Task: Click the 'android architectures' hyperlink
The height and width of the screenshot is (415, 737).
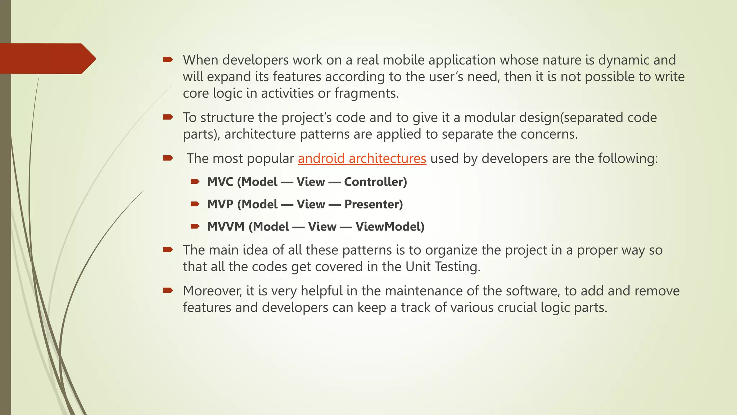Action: [x=362, y=159]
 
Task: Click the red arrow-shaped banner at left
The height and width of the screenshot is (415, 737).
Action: [x=45, y=59]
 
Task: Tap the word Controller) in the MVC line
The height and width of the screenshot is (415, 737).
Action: [x=375, y=182]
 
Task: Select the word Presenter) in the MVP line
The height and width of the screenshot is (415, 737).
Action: [x=374, y=204]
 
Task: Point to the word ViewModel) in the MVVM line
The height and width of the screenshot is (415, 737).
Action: [x=390, y=227]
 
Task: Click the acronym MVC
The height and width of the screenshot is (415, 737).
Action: [x=220, y=182]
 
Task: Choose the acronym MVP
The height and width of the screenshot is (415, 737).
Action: [x=220, y=204]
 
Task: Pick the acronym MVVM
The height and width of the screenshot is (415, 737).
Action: [x=226, y=227]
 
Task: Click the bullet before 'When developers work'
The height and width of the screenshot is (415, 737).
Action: [x=168, y=59]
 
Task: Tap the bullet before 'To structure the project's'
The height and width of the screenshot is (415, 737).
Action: [x=168, y=117]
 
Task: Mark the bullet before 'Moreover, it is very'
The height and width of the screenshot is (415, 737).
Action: [x=168, y=290]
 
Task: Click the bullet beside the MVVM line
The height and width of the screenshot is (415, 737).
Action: [x=195, y=226]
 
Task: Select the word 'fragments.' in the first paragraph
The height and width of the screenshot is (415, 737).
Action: [x=366, y=93]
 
